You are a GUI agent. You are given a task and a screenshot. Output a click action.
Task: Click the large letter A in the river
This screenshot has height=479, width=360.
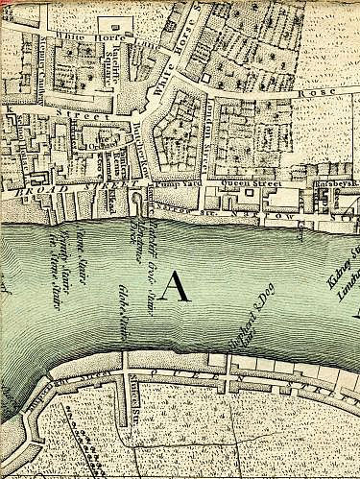coord(175,287)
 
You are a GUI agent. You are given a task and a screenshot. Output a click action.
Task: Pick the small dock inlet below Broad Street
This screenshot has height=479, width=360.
coord(140,203)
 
